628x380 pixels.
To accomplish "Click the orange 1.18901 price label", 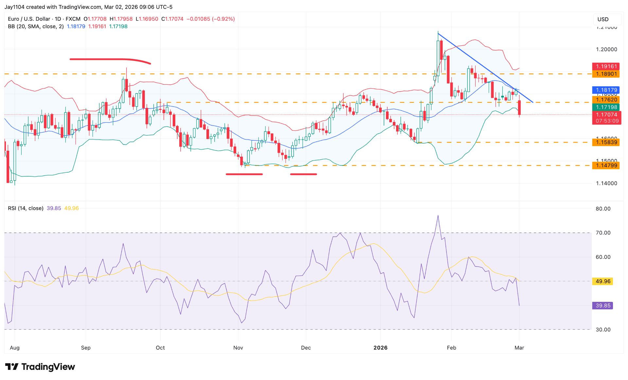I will click(606, 74).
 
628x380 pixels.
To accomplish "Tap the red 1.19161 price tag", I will click(606, 66).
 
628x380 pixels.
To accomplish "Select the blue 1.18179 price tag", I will click(606, 90).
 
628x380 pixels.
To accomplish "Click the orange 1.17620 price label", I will click(606, 100).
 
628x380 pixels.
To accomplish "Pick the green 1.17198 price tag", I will click(606, 107).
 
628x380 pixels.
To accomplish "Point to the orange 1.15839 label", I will click(606, 142).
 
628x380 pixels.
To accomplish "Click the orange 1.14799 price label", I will click(606, 165).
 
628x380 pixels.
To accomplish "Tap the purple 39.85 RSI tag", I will click(602, 306).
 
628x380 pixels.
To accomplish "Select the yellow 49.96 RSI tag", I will click(602, 282).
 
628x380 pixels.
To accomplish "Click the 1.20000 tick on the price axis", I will click(606, 49).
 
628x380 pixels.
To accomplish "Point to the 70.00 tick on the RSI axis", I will click(603, 233).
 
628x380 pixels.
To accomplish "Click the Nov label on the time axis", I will click(238, 348).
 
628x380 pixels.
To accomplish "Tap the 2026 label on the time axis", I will click(380, 348).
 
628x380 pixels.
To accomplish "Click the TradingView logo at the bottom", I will click(40, 367).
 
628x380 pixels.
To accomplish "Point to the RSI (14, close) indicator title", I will click(26, 208).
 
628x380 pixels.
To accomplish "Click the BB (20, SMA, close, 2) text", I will click(36, 26).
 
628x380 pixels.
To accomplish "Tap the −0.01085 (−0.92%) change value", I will click(211, 19).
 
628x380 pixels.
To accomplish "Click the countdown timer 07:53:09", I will click(607, 121).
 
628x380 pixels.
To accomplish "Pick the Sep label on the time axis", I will click(86, 348).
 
